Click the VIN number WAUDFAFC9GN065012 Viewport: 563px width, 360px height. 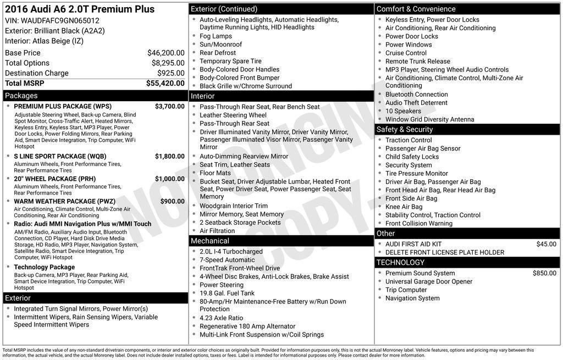(x=60, y=20)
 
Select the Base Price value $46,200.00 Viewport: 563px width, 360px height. (x=165, y=53)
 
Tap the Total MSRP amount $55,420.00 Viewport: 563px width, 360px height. (x=165, y=83)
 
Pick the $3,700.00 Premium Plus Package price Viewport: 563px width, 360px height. (x=169, y=106)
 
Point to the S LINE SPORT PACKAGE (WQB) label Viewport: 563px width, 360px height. (x=60, y=156)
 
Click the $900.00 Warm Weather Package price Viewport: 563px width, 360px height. (x=172, y=201)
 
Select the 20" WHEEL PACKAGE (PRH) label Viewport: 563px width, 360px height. (x=54, y=179)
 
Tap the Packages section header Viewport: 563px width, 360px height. (x=21, y=96)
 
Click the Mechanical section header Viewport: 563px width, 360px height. (x=209, y=241)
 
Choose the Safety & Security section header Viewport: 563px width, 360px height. (x=404, y=129)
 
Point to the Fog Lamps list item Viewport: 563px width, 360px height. (x=216, y=36)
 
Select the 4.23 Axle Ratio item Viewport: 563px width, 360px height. (x=221, y=318)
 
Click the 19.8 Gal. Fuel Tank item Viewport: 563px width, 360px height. (x=227, y=293)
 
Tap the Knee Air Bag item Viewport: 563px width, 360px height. (x=404, y=207)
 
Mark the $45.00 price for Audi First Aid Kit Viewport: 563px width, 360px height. (x=546, y=244)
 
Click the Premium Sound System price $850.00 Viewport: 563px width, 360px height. (x=544, y=273)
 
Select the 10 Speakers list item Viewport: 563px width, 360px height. (x=403, y=111)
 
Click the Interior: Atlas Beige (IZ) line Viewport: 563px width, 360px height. (x=44, y=41)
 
